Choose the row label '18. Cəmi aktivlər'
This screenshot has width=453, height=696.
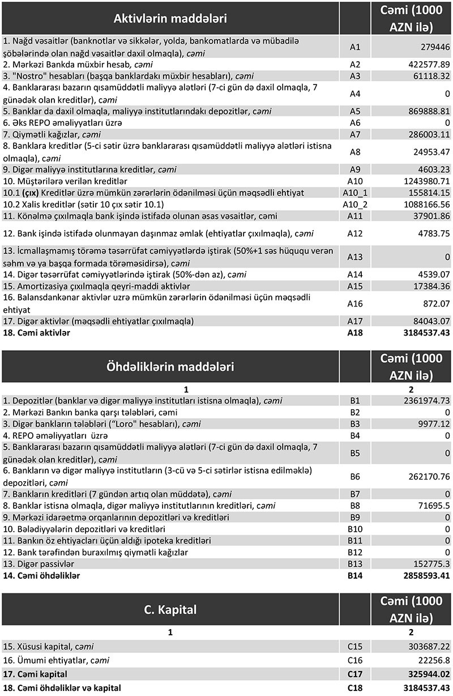37,333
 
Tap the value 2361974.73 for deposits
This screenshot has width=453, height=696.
421,401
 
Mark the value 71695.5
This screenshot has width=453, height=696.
430,505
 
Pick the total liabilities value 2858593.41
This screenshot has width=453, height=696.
421,575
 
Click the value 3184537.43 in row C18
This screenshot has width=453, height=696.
421,688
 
